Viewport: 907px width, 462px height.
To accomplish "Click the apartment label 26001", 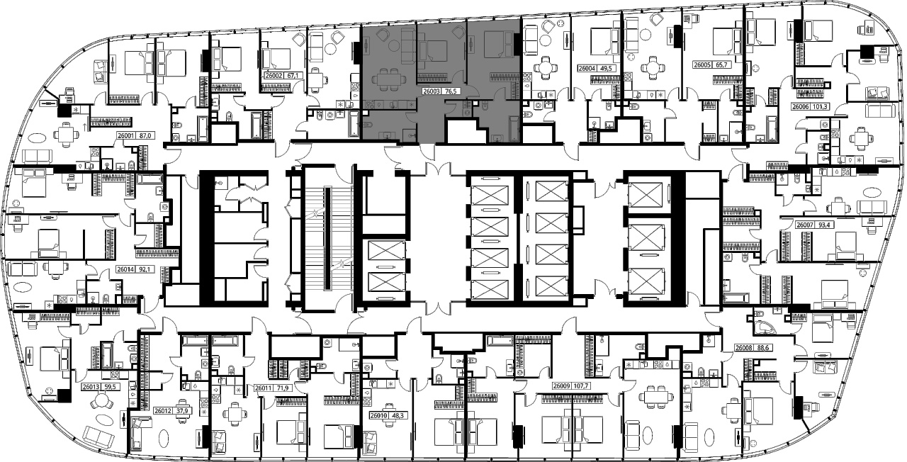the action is (126, 136).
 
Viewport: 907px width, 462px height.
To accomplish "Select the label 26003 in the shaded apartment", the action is (432, 91).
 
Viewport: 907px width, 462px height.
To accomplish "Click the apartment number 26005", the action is (702, 64).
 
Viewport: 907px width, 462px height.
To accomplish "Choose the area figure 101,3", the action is (818, 107).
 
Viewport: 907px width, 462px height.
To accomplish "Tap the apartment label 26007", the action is (804, 225).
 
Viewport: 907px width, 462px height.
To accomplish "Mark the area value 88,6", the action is (761, 348).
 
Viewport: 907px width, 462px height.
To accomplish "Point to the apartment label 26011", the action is (263, 388).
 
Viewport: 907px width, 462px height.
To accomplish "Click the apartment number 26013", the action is (90, 387).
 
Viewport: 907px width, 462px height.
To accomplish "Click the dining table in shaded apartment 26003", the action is (388, 79).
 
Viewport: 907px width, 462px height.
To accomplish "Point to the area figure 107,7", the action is (581, 386).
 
